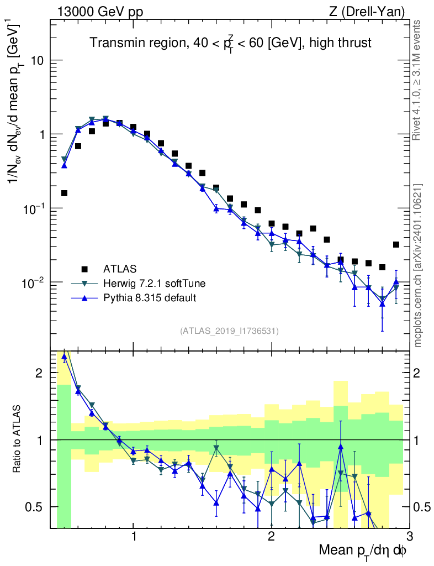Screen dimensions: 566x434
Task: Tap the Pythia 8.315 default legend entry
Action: tap(150, 298)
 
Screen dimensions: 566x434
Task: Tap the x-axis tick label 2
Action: tap(271, 537)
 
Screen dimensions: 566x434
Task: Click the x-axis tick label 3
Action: tap(409, 537)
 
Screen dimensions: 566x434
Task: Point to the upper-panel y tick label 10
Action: tap(36, 60)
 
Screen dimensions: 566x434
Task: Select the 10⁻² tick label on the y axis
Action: tap(33, 282)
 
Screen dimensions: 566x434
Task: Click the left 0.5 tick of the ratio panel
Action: tap(36, 507)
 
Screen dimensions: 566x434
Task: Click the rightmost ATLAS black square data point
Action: tap(396, 244)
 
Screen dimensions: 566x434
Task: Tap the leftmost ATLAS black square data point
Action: tap(64, 193)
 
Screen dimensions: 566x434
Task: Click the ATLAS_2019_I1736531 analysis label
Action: tap(229, 331)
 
